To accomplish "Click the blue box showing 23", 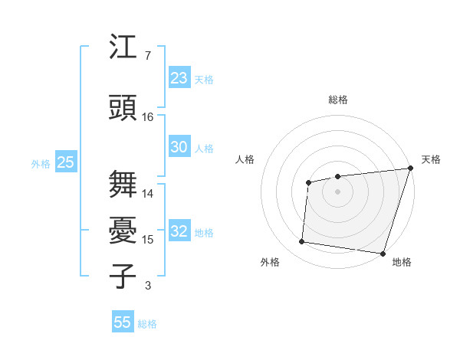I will coord(179,78).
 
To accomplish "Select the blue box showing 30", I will coord(179,147).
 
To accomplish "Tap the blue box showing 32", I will coord(179,232).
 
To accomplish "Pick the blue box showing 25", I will coord(65,162).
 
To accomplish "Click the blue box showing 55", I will coord(123,322).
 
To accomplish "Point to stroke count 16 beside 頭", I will coord(148,117).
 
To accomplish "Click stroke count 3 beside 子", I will coord(148,286).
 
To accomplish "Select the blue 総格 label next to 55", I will coord(147,324).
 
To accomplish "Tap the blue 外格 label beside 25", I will coord(41,163).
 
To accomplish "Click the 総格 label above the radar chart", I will coord(338,100).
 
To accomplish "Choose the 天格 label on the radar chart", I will coord(431,159).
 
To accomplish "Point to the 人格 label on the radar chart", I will coord(245,159).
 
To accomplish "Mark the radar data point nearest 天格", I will coord(410,169).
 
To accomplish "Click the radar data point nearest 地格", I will coord(383,253).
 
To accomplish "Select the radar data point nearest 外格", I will coord(301,242).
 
